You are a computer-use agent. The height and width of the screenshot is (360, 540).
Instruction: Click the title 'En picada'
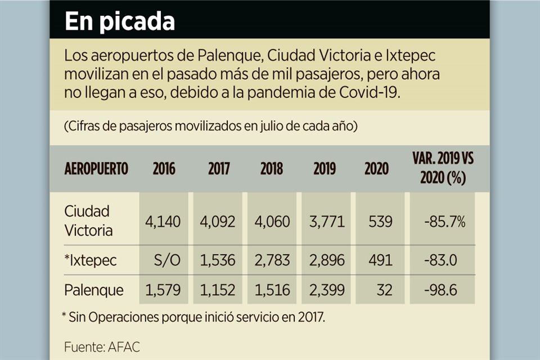click(x=119, y=21)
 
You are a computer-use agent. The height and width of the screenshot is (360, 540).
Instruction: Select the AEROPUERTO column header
click(x=96, y=169)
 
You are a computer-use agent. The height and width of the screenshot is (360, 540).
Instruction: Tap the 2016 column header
click(x=164, y=169)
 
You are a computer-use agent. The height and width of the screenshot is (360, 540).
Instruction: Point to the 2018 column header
click(x=272, y=169)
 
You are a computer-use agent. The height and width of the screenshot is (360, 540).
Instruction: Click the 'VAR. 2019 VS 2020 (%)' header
click(x=443, y=168)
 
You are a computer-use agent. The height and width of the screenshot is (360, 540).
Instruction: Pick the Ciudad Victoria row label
click(x=88, y=221)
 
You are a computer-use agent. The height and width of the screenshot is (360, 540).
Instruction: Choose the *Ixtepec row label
click(x=91, y=260)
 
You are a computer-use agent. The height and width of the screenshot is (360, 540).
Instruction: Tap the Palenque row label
click(x=94, y=290)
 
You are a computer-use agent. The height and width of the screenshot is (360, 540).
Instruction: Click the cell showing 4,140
click(x=163, y=222)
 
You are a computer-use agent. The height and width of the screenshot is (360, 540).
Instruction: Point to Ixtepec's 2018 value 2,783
click(x=272, y=260)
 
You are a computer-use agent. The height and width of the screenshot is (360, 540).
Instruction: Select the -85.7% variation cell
click(x=444, y=222)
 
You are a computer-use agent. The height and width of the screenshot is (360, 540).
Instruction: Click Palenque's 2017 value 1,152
click(x=218, y=290)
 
